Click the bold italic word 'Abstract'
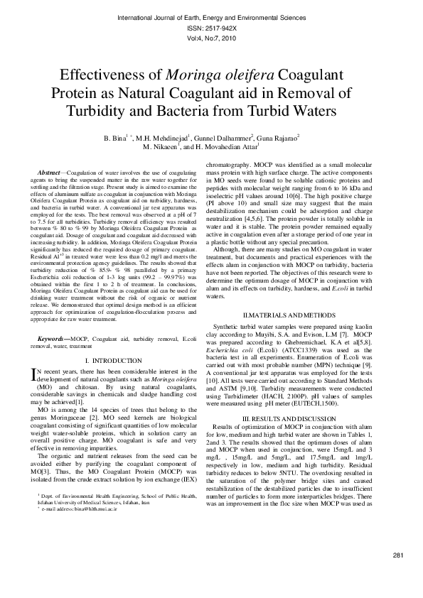[48, 173]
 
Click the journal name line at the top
[211, 16]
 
